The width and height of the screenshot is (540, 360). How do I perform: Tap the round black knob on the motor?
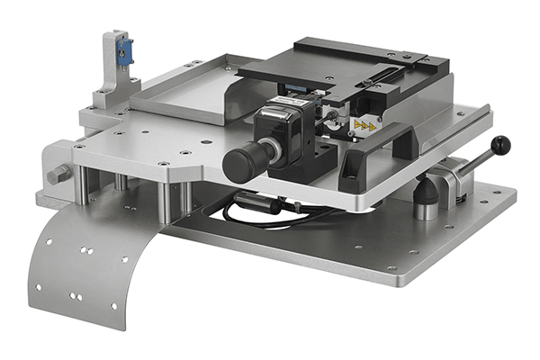pos(240,161)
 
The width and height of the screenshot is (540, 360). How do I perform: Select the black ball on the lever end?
pos(501,144)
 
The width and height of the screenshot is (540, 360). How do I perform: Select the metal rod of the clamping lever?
pos(472,157)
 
